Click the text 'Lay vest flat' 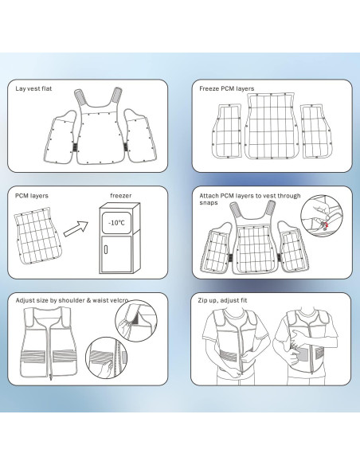[x=33, y=88]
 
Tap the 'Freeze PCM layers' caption [x=226, y=88]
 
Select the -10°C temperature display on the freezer [x=116, y=223]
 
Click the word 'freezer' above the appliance [x=121, y=195]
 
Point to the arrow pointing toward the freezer [x=76, y=229]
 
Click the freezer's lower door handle [x=106, y=249]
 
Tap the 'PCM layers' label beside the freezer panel [x=31, y=196]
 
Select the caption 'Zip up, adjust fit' [x=222, y=300]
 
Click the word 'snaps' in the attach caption [x=209, y=202]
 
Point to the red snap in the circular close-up [x=325, y=225]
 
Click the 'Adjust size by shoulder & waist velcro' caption [x=72, y=300]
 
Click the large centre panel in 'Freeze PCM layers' [x=271, y=126]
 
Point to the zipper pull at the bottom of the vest [x=51, y=377]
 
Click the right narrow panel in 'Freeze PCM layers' [x=316, y=131]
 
